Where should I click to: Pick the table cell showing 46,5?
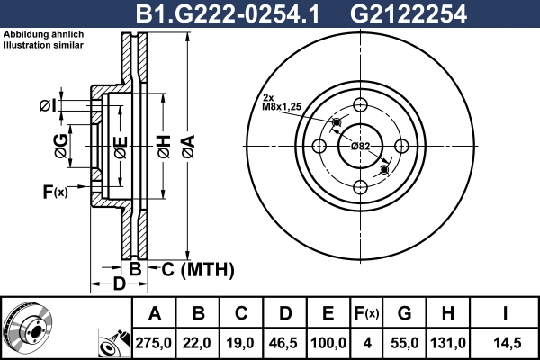tap(285, 343)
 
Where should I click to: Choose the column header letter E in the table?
tap(328, 313)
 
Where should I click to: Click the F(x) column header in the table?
tap(366, 313)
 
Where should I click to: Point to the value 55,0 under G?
tap(405, 343)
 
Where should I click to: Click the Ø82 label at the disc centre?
tap(360, 146)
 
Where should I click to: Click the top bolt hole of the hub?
tap(361, 103)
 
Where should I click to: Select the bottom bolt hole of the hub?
tap(361, 186)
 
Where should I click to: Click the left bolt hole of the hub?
tap(319, 145)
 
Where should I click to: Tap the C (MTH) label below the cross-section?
tap(196, 269)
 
